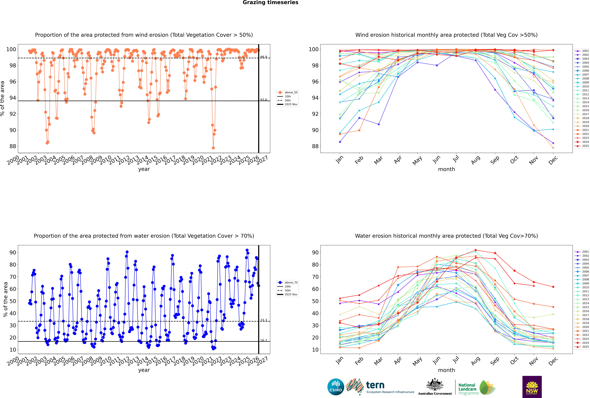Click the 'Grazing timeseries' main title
click(270, 3)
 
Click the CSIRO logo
click(336, 387)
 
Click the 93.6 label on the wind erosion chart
click(264, 100)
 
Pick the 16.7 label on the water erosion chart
click(264, 340)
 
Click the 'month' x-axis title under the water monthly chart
click(446, 370)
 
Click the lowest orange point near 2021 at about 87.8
click(213, 148)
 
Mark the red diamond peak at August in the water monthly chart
click(476, 250)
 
